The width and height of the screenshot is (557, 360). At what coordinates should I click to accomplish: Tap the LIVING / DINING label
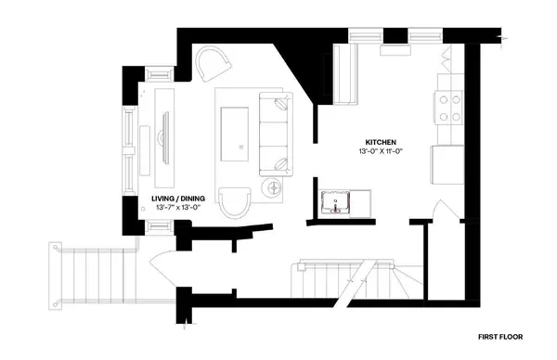point(177,199)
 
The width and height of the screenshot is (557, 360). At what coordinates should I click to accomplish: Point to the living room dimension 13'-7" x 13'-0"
point(177,208)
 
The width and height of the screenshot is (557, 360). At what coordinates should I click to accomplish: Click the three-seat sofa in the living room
point(273,134)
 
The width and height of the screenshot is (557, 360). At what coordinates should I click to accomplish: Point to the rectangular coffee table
point(235,135)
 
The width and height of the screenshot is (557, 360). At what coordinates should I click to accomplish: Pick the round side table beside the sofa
point(275,189)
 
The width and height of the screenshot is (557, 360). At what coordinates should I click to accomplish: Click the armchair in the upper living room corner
point(216,64)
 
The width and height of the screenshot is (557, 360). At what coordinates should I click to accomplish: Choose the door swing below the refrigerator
point(447,212)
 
